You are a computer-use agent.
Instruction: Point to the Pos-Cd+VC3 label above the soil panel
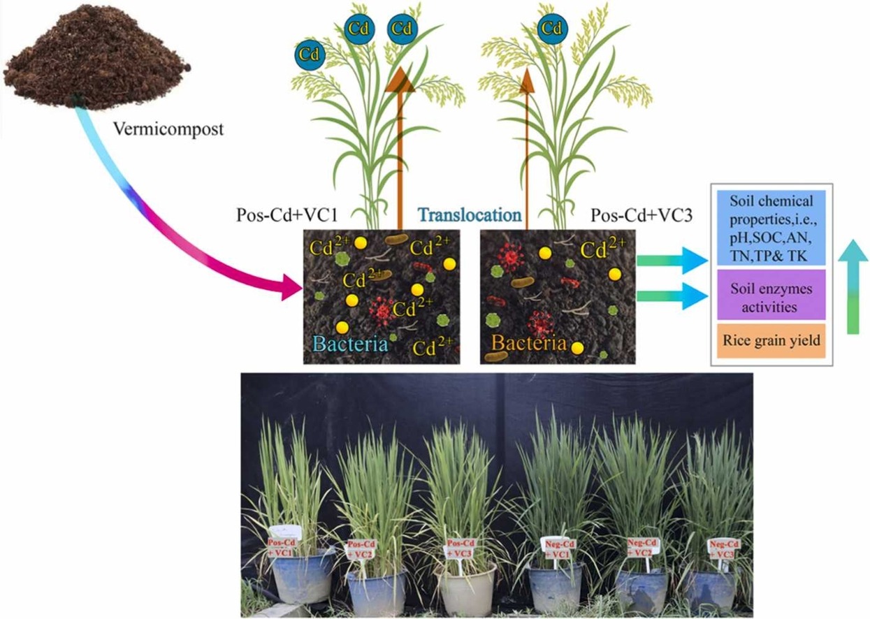point(641,215)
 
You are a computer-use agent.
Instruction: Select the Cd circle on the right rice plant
point(552,28)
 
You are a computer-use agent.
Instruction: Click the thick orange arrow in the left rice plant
point(400,140)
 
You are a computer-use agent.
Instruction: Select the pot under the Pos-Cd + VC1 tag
point(303,576)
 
